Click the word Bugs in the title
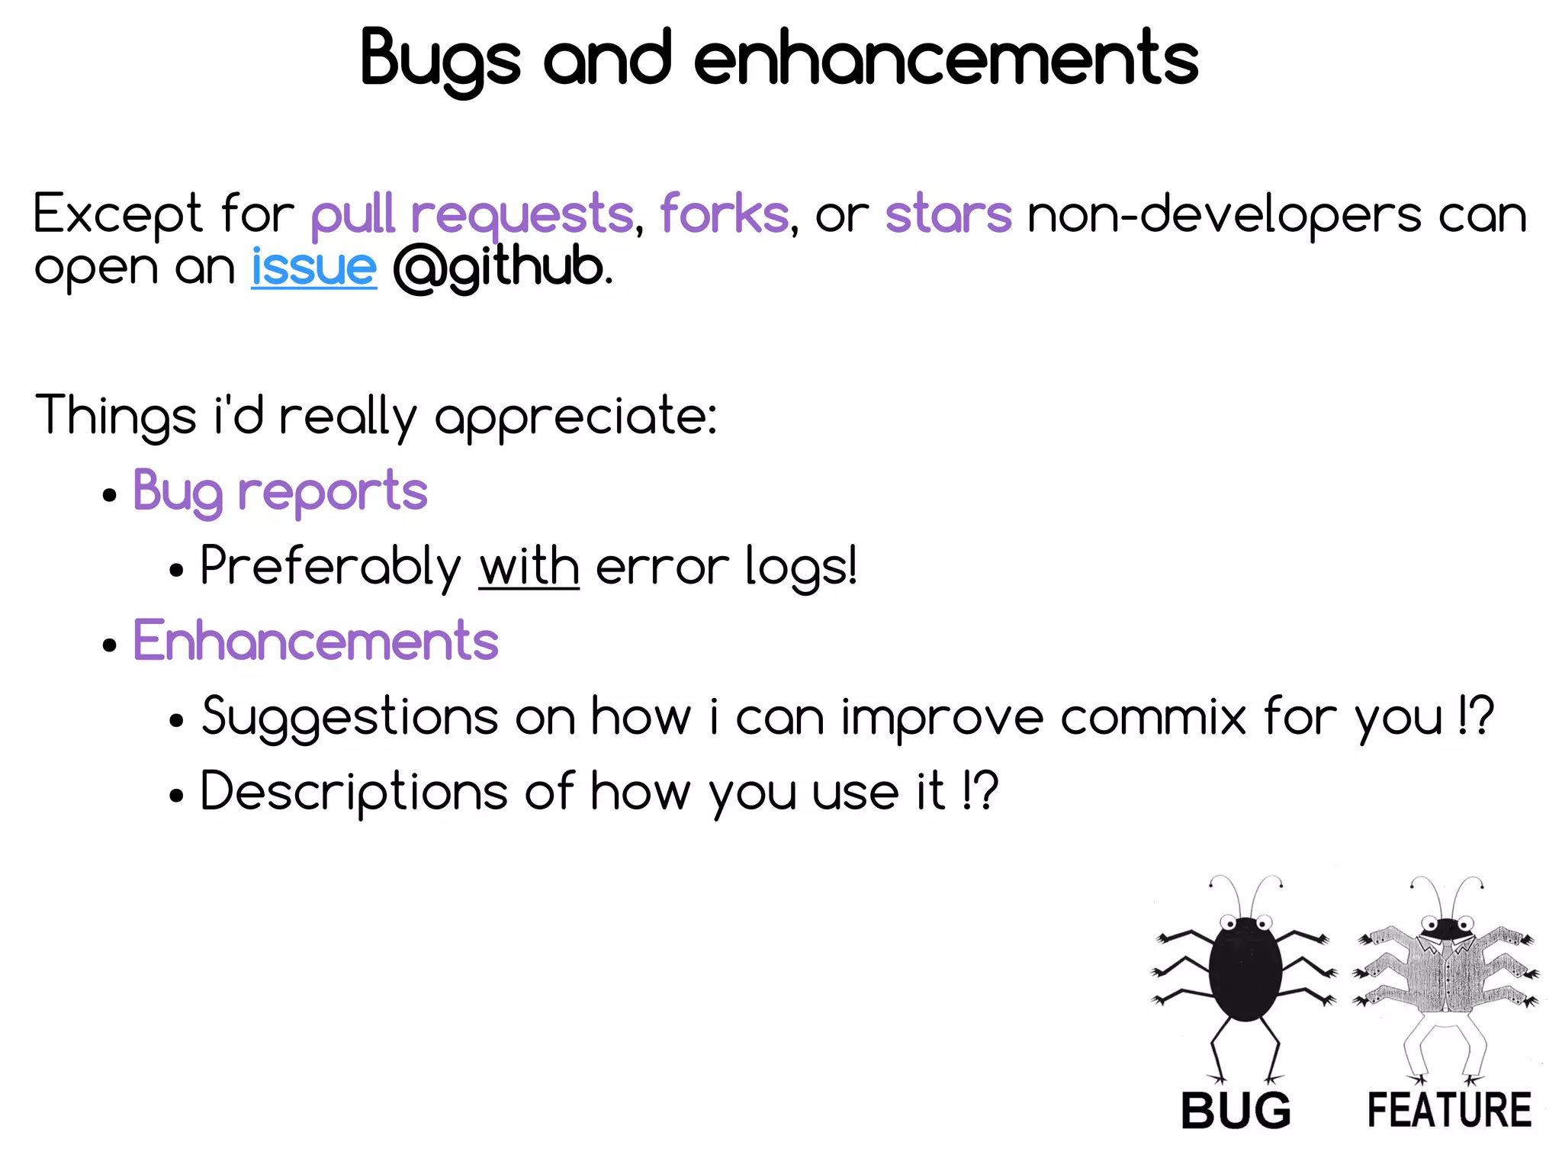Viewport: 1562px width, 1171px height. point(440,60)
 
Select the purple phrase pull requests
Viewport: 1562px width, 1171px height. point(472,214)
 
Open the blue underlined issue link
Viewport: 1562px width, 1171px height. point(313,267)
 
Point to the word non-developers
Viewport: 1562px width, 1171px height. point(1223,214)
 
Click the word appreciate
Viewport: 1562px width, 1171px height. point(575,417)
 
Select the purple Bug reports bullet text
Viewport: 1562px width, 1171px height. point(280,491)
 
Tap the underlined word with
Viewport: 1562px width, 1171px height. point(529,567)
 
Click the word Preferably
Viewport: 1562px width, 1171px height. point(330,567)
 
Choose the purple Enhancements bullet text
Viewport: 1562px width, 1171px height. point(316,641)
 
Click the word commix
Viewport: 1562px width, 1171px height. point(1152,716)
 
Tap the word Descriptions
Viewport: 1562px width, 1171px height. point(353,791)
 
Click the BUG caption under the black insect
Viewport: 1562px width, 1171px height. point(1236,1111)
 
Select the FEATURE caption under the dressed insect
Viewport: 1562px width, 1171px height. point(1449,1111)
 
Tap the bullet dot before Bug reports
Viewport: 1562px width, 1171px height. point(110,495)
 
